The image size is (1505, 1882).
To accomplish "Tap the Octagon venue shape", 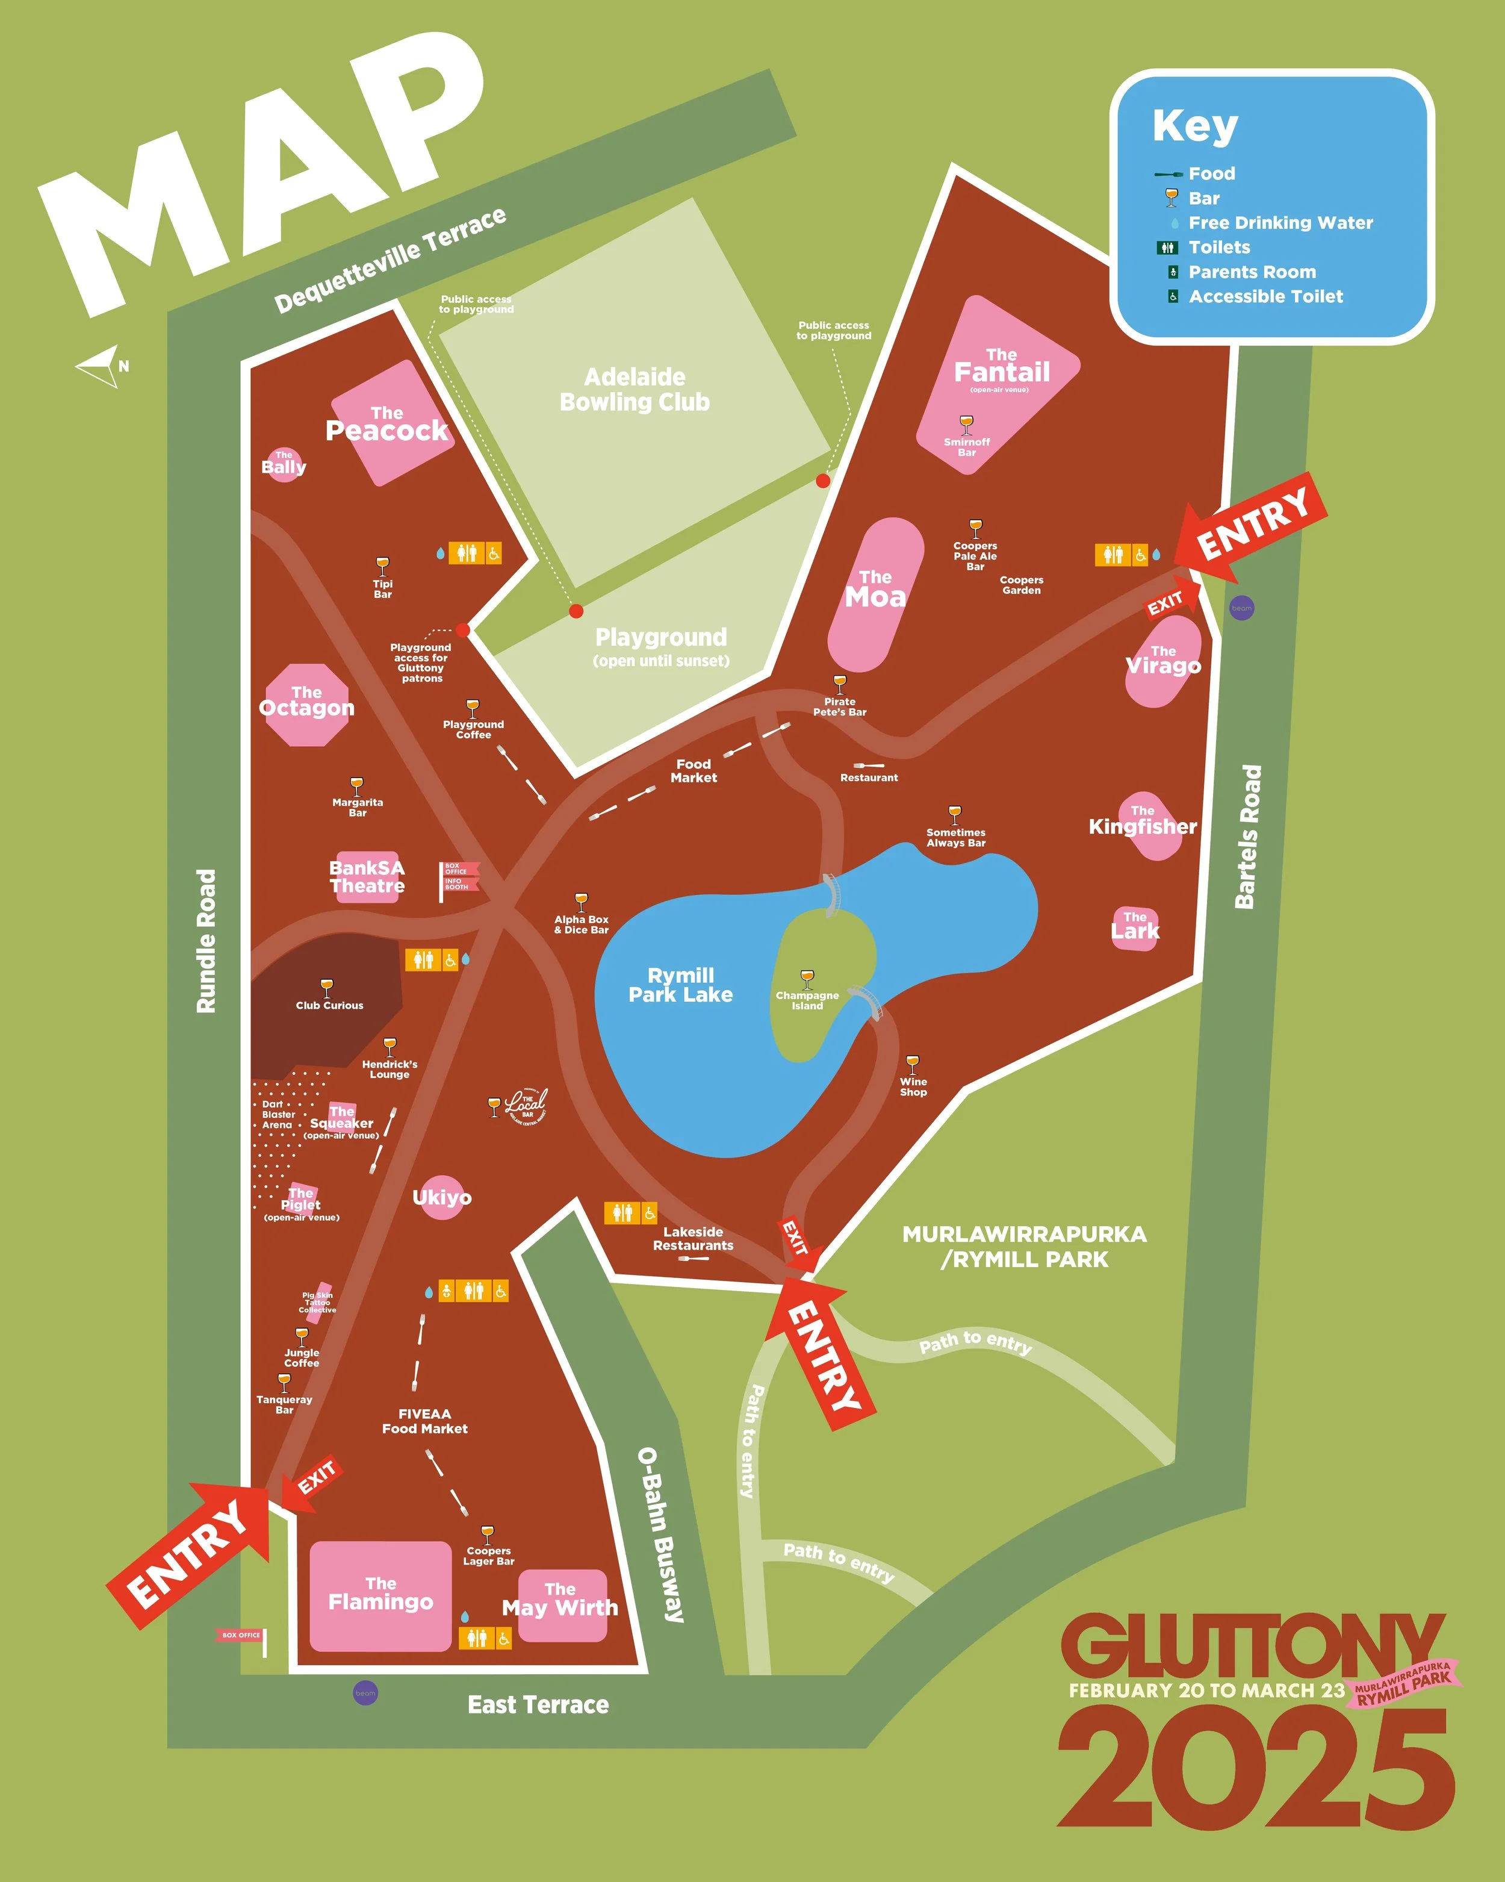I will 306,703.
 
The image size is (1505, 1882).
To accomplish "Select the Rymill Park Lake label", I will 680,985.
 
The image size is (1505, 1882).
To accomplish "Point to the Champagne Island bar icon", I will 807,977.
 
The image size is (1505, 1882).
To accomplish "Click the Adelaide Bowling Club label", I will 635,389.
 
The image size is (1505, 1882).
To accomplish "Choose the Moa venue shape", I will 875,594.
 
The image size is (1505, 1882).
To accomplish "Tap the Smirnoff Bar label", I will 967,447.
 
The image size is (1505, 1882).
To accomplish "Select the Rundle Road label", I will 206,941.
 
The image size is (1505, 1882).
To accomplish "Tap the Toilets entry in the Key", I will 1219,247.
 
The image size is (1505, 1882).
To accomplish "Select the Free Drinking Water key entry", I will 1280,223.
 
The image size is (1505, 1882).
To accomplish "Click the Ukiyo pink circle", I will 441,1197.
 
